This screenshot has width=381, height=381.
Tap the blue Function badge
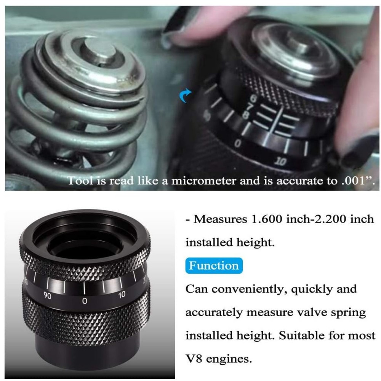click(214, 266)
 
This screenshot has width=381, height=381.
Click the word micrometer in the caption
click(204, 181)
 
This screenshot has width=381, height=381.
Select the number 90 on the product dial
click(48, 296)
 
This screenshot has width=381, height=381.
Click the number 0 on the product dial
click(85, 301)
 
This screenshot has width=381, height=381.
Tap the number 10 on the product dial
click(122, 295)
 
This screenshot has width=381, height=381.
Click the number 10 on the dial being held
click(281, 161)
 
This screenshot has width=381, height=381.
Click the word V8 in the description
click(194, 359)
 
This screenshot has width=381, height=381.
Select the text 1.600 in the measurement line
click(266, 219)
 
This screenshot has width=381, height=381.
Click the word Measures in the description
click(220, 219)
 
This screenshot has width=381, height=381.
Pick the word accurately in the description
click(214, 313)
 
